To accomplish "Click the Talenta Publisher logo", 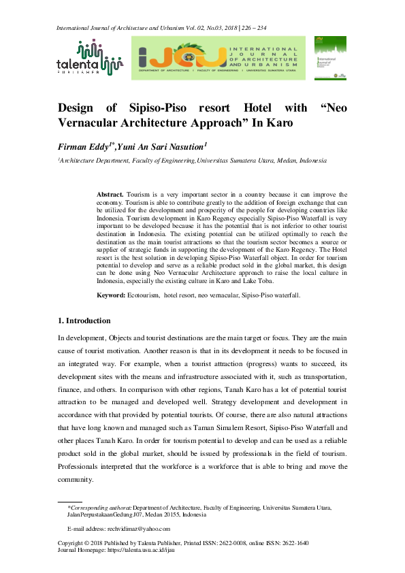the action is [88, 56].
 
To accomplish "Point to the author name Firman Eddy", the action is [86, 146].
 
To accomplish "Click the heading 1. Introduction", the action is [84, 321].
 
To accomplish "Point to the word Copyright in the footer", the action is [74, 543].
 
